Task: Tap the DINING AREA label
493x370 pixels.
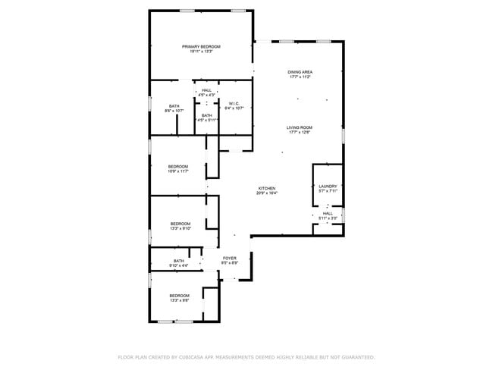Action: coord(300,72)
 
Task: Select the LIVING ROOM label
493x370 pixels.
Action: coord(300,127)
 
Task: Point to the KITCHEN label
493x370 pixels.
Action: coord(266,188)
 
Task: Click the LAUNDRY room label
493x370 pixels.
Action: coord(328,186)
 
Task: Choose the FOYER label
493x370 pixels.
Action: coord(229,258)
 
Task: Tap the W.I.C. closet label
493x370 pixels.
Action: coord(234,103)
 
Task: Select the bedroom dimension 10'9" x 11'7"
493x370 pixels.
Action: coord(177,171)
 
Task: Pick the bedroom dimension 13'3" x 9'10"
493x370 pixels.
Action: coord(180,228)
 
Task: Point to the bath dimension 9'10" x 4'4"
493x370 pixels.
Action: coord(178,265)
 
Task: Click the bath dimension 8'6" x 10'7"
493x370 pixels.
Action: coord(174,111)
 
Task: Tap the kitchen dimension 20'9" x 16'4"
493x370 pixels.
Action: coord(266,193)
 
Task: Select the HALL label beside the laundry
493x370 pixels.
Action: coord(328,213)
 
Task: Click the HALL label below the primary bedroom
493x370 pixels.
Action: coord(206,90)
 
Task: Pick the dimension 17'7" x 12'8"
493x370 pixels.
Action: coord(300,132)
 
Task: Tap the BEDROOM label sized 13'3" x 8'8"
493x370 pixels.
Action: coord(179,295)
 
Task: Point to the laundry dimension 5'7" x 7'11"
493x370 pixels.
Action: coord(328,190)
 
